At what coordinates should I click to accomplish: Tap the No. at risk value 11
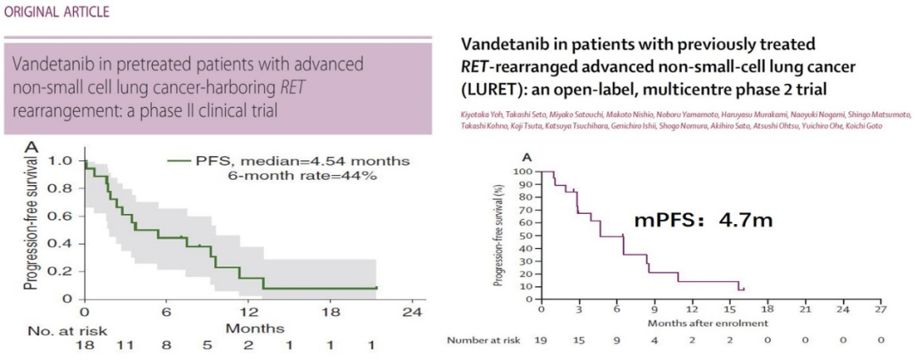127,345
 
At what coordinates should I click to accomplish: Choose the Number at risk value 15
579,340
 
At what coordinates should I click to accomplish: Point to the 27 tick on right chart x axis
880,309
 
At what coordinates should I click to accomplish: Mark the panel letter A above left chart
32,148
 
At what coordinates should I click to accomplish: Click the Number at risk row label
480,340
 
